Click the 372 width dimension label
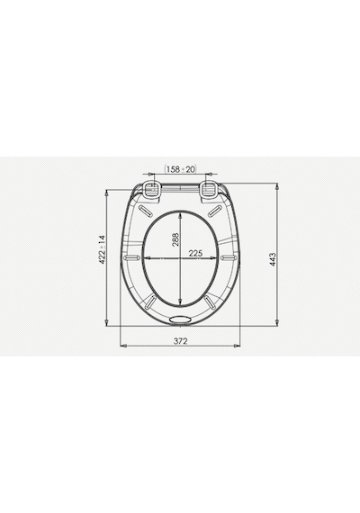click(x=180, y=341)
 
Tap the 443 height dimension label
click(x=273, y=259)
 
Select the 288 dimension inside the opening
click(x=175, y=239)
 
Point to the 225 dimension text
click(x=195, y=253)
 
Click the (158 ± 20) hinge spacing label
click(x=180, y=169)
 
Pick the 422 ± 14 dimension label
click(x=103, y=249)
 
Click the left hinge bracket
click(x=152, y=190)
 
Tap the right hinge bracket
click(x=209, y=190)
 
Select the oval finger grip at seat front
click(x=180, y=319)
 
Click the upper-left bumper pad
click(x=146, y=211)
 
